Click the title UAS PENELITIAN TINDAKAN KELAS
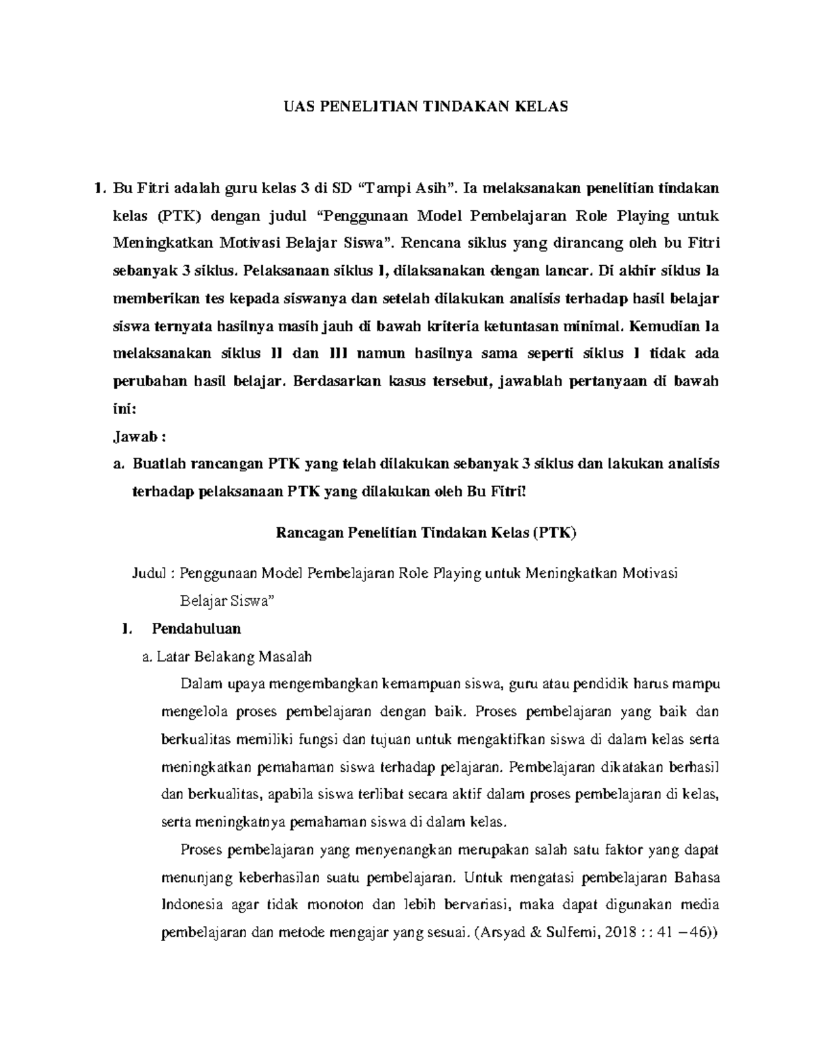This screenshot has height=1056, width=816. click(x=425, y=106)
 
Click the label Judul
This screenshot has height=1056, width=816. click(x=148, y=573)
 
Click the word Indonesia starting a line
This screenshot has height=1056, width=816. click(x=191, y=905)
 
